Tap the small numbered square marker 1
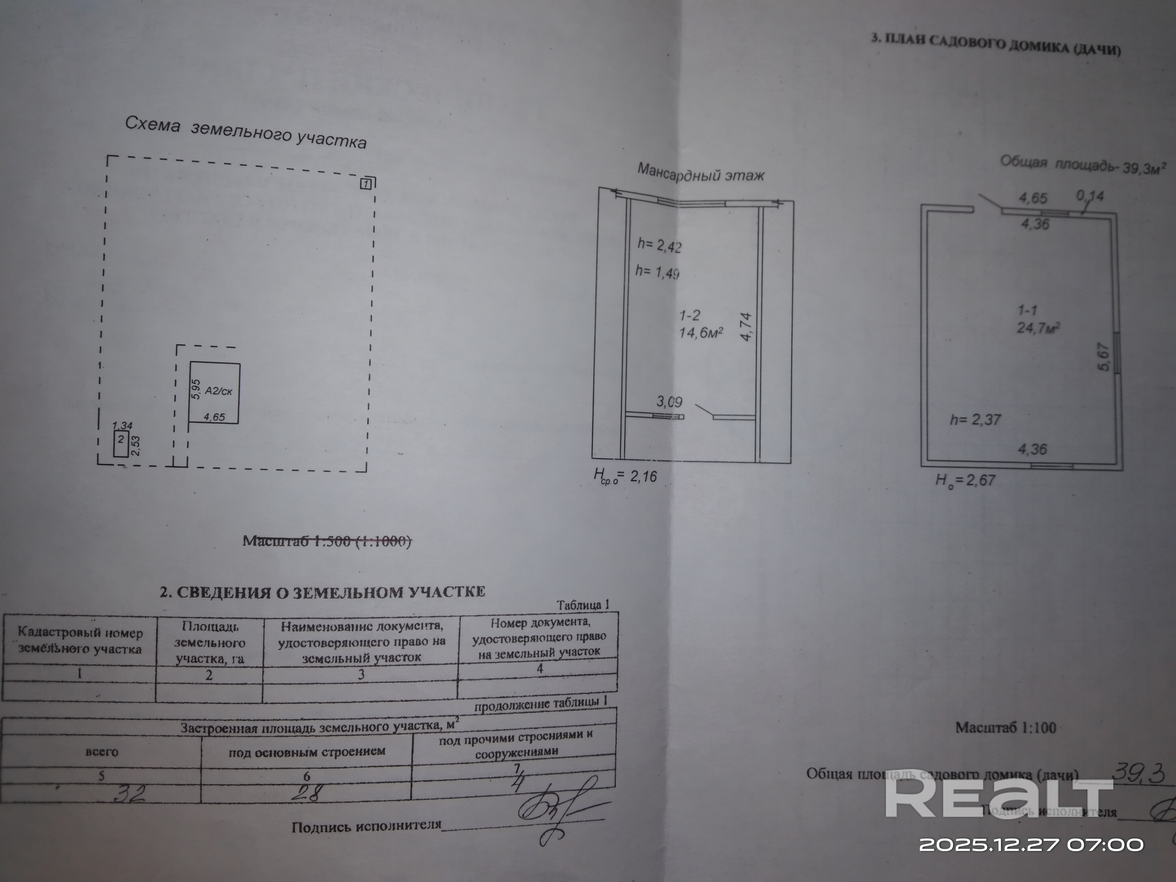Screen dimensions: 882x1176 [x=367, y=184]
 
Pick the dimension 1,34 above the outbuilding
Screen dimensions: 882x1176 [x=122, y=425]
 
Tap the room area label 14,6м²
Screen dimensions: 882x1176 [x=701, y=333]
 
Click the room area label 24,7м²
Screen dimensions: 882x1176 [x=1038, y=327]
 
